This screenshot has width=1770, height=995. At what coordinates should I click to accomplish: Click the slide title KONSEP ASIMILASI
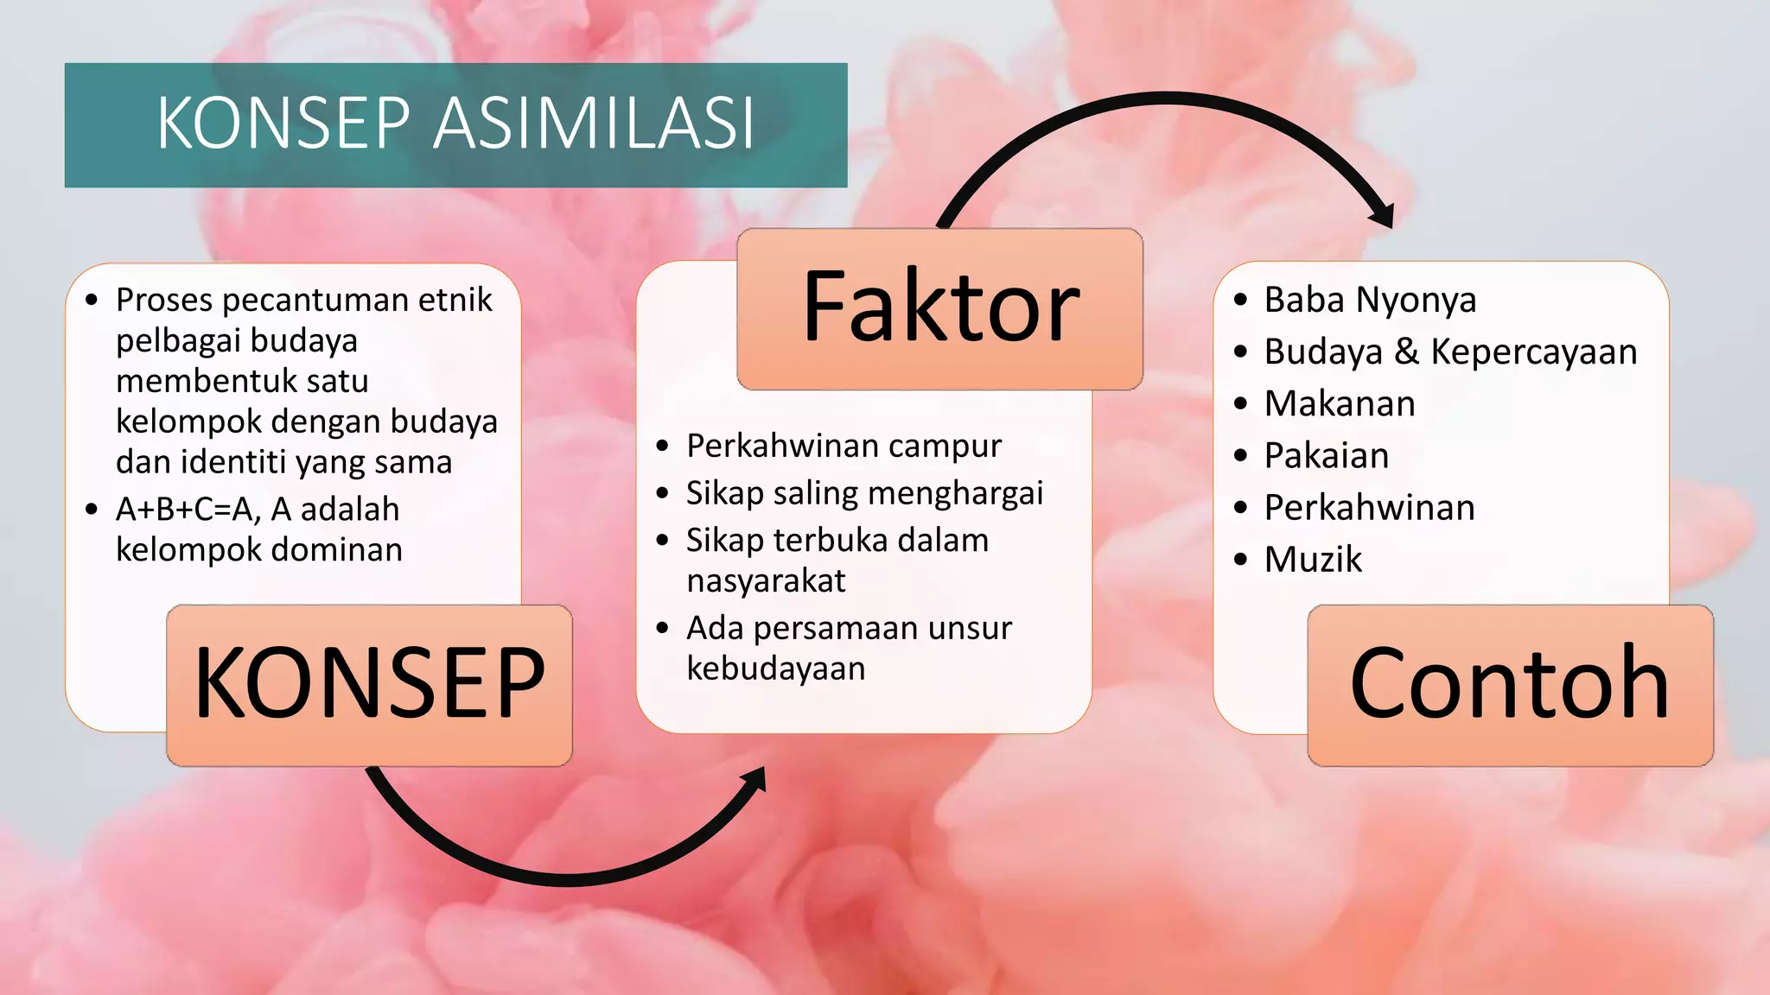coord(455,124)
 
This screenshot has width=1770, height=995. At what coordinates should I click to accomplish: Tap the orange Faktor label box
coord(940,308)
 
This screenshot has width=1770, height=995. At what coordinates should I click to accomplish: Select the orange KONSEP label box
coord(369,684)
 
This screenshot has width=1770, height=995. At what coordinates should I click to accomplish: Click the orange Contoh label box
coord(1509,684)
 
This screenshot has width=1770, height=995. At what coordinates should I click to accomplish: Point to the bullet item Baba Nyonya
coord(1369,301)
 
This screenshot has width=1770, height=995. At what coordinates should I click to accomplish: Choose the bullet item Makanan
coord(1339,404)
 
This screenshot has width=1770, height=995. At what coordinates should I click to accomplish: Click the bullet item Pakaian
coord(1326,456)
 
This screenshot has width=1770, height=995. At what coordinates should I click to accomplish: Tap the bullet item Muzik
coord(1312,560)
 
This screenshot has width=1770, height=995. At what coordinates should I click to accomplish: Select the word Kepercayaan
coord(1533,352)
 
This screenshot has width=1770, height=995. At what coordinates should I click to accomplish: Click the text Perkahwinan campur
coord(844,447)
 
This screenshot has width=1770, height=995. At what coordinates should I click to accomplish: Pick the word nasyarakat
coord(766,581)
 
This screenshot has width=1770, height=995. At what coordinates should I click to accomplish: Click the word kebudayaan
coord(775,669)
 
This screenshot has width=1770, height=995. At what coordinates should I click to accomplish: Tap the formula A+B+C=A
coord(188,510)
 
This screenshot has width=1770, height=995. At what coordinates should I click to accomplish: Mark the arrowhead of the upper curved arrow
coord(1382,214)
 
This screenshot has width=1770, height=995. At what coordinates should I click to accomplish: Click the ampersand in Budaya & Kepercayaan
coord(1406,352)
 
